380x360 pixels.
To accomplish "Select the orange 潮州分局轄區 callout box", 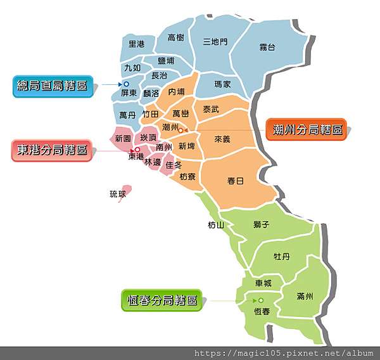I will click(307, 130).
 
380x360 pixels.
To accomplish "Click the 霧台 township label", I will click(267, 48).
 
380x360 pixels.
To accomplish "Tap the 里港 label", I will click(136, 44).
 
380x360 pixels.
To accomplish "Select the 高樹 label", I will click(176, 38).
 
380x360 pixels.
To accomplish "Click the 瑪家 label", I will click(223, 84).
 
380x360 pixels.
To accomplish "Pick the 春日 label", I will click(235, 181).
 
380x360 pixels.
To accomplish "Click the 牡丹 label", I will click(281, 256).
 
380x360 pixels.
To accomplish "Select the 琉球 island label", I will click(118, 194).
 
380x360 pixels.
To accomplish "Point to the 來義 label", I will click(222, 138).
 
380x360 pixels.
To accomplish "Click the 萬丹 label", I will click(127, 115).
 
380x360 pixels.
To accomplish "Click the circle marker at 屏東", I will click(126, 84).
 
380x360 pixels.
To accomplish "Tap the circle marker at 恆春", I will click(260, 300).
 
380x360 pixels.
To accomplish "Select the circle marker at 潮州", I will click(180, 131).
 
